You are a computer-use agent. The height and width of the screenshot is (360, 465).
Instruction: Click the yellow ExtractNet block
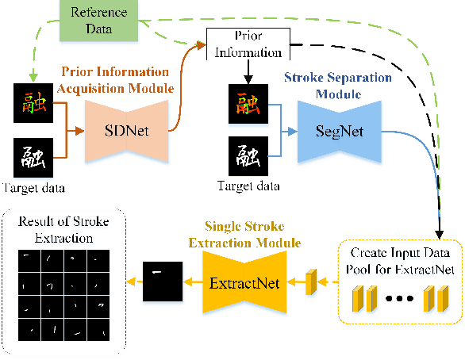tap(244, 281)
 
